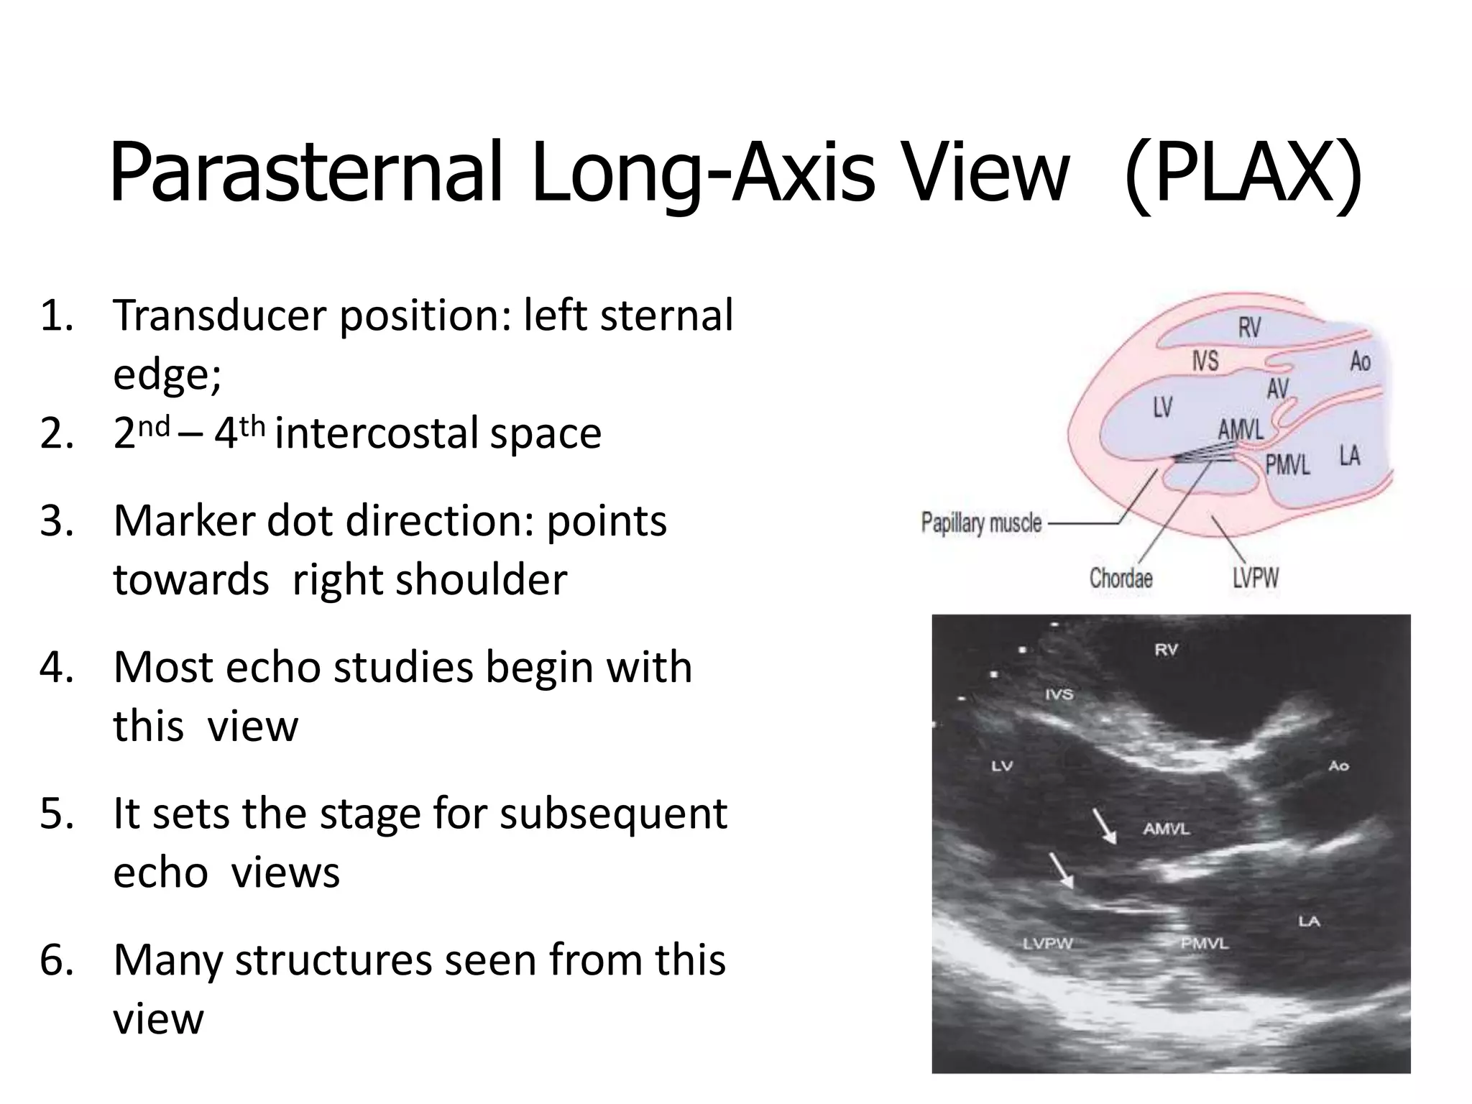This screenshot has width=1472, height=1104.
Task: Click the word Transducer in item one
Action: point(219,316)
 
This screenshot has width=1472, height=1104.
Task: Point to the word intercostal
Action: point(377,433)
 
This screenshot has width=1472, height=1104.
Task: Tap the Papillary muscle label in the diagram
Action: point(981,523)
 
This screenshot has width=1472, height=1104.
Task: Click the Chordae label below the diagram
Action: point(1121,578)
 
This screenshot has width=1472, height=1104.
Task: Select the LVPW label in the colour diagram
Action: point(1256,578)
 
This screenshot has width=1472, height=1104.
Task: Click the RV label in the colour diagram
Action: point(1249,328)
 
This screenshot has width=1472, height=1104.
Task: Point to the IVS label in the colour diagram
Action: point(1205,361)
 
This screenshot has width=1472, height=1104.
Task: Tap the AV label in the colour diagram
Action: point(1277,389)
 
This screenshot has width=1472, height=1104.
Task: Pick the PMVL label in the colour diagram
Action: point(1287,465)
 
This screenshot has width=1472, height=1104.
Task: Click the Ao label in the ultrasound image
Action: point(1338,766)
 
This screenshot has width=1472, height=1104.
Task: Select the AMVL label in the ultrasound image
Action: point(1167,829)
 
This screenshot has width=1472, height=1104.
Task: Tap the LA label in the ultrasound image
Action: point(1309,921)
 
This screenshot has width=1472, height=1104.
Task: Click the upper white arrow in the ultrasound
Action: point(1105,826)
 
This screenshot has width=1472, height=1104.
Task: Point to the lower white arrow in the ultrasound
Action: point(1061,871)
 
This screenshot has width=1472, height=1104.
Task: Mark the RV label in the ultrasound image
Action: point(1166,650)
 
